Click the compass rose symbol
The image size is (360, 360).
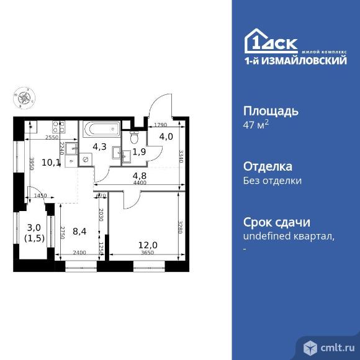(25, 97)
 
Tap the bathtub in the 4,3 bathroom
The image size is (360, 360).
(102, 131)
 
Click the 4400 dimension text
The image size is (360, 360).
(140, 182)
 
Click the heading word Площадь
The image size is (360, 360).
(270, 112)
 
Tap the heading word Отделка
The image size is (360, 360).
(268, 167)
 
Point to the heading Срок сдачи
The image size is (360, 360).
(276, 223)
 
